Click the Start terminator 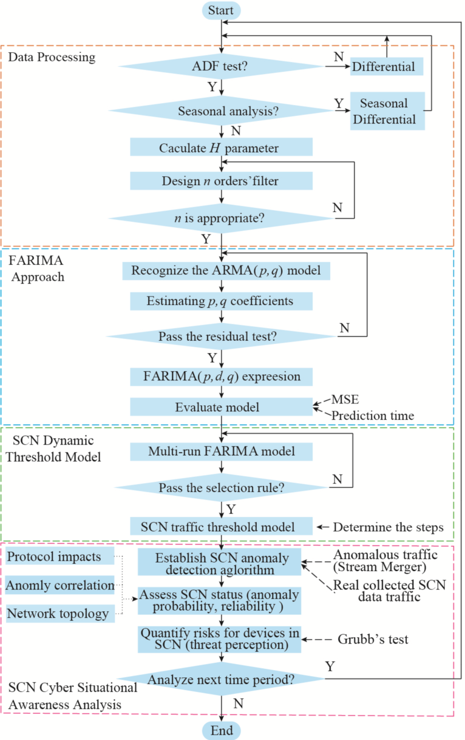click(221, 10)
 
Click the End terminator click(221, 730)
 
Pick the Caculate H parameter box click(221, 148)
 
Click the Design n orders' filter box click(221, 181)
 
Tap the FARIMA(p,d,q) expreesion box click(221, 376)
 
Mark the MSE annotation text click(344, 400)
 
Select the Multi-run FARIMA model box click(221, 451)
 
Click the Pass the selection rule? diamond click(221, 487)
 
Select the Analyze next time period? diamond click(221, 680)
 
